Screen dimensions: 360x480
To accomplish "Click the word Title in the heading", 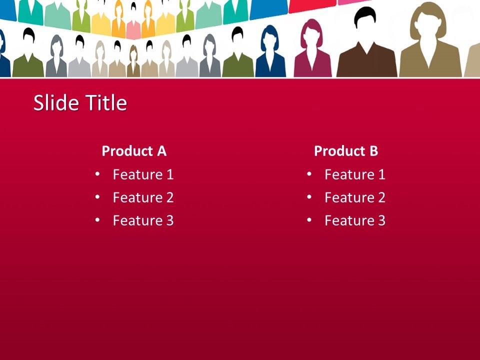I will tap(106, 103).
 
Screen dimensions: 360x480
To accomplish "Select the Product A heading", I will tap(134, 151).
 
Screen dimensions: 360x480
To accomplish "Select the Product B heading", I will tap(346, 151).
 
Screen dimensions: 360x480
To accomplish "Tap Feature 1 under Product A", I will tap(143, 174).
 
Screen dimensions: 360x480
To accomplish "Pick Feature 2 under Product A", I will tap(143, 197).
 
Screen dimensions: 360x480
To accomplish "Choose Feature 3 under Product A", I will tap(143, 220).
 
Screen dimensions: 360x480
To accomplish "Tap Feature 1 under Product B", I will tap(355, 174).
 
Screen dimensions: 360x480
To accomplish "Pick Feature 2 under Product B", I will tap(355, 197).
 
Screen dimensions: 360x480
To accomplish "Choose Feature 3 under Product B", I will tap(355, 220).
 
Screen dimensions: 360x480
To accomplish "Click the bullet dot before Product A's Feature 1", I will tap(97, 174).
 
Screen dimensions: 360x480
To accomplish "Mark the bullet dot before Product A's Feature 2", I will tap(97, 197).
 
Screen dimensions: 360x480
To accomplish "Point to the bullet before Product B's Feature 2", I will tap(309, 197).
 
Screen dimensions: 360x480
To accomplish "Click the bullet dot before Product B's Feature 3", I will tap(309, 220).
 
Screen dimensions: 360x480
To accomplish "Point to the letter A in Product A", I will tap(161, 151).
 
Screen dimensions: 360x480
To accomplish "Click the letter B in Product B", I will tap(373, 151).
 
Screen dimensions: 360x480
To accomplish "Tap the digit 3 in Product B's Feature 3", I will tap(381, 220).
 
